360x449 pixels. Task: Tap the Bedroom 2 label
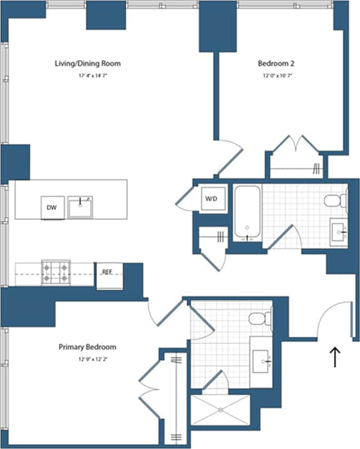275,64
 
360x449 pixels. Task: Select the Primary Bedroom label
87,347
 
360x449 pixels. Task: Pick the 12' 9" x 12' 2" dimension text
87,359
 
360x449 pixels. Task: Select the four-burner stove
55,272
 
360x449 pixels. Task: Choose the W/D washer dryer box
211,197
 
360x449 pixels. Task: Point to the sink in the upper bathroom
339,228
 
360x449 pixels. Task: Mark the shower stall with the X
219,409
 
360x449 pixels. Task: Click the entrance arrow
334,357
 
